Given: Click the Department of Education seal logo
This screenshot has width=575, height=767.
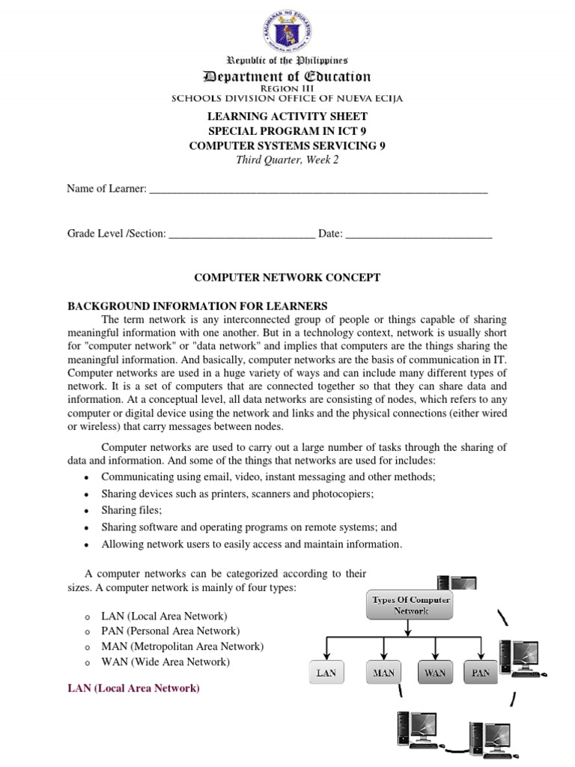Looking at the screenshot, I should [287, 28].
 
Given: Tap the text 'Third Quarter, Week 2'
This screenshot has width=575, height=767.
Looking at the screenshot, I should [287, 160].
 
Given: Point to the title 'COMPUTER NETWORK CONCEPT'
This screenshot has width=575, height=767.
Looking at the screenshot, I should [287, 277].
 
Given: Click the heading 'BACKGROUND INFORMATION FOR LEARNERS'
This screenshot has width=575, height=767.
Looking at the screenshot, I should [198, 306].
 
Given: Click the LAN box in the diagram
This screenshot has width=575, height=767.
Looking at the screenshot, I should [326, 673].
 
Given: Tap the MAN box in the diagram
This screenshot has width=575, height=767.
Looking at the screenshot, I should [383, 673].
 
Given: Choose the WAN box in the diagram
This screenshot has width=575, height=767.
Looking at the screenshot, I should [434, 673].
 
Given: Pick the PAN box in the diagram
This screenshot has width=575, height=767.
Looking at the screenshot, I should [480, 673].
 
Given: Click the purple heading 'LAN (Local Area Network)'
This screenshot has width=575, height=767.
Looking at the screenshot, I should [134, 688].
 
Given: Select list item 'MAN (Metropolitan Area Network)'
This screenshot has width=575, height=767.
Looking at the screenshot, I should [182, 646].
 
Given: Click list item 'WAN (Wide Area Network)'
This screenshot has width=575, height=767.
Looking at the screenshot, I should [165, 662].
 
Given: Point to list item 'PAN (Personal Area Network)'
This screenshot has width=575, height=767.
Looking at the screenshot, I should [171, 631].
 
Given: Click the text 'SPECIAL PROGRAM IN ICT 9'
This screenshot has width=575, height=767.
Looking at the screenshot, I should [287, 131].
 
